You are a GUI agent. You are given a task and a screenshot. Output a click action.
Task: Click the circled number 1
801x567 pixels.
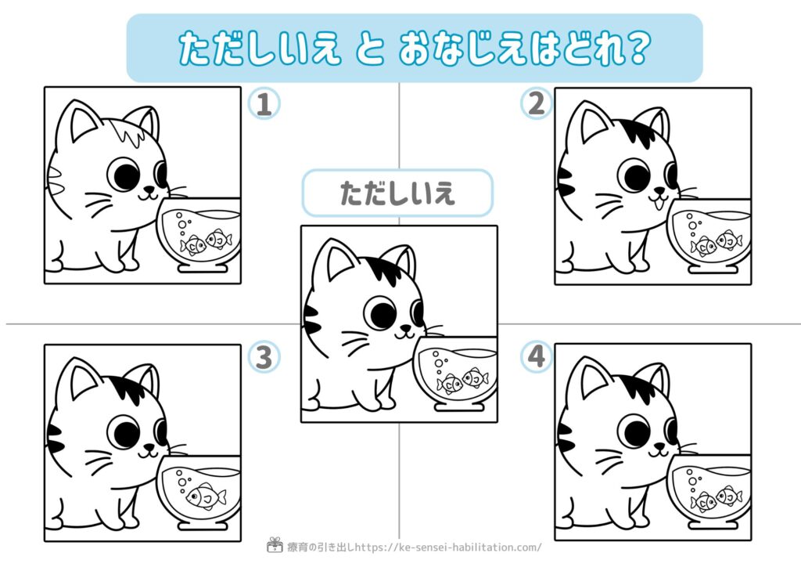point(264,104)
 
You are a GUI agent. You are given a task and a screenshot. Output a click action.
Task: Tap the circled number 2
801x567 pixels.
point(537,103)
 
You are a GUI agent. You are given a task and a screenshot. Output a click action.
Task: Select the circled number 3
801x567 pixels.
point(264,357)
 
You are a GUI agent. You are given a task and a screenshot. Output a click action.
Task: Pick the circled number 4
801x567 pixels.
point(537,356)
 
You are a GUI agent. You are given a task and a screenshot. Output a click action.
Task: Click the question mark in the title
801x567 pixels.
point(639,48)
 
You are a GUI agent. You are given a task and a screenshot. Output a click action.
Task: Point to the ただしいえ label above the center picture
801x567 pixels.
point(397,193)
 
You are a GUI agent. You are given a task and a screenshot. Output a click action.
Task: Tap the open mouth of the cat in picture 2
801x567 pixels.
point(659,203)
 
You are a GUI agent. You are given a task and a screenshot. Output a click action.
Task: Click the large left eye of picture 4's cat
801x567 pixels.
point(634,431)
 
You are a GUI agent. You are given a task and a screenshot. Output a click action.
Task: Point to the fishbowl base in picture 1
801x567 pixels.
point(203,267)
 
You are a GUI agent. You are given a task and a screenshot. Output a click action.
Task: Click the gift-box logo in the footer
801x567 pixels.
point(275,545)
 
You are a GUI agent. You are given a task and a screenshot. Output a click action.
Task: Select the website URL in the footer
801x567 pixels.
point(448,547)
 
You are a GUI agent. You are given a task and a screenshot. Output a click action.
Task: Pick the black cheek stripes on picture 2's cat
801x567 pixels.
point(566,182)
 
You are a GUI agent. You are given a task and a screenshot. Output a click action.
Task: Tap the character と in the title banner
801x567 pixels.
point(369,49)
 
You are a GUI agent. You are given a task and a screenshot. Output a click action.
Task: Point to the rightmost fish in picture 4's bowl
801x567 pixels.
point(729,496)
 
